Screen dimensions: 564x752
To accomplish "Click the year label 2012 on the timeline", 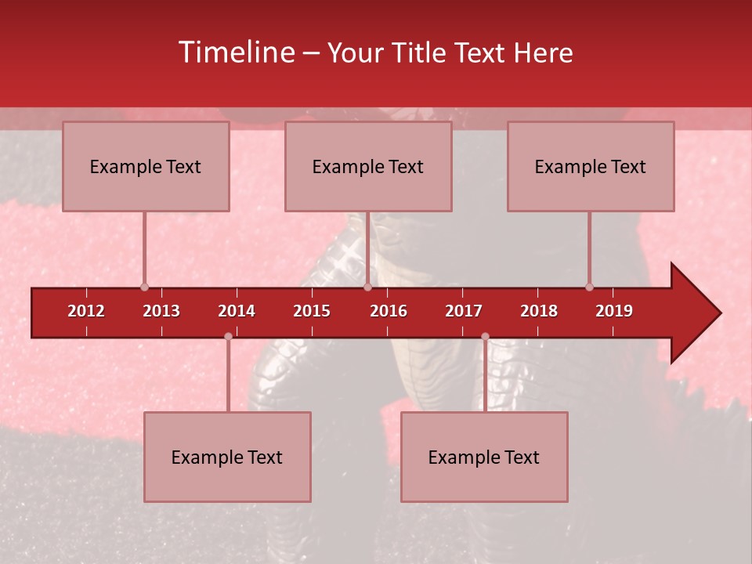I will [x=86, y=311].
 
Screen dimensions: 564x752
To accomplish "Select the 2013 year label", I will [x=161, y=311].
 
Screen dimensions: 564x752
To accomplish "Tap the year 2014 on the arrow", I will [x=237, y=311].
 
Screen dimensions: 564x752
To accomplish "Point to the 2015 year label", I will [x=312, y=311].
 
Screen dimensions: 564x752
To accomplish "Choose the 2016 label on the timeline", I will [x=389, y=311].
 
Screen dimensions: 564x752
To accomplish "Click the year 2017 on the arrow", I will [x=464, y=311].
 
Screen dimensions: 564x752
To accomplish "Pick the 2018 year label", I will [x=539, y=311].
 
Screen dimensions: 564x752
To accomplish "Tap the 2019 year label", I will [x=614, y=311].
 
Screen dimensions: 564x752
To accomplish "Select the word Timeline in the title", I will [x=235, y=52].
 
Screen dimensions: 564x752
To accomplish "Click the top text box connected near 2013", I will [x=146, y=166].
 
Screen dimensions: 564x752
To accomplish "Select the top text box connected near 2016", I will [x=368, y=166].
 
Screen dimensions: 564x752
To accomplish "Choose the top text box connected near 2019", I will [x=591, y=166].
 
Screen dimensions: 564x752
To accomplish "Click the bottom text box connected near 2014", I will [x=227, y=457].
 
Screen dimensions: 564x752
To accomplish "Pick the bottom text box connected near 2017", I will [x=484, y=457].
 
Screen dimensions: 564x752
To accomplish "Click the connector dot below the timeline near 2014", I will [x=228, y=337].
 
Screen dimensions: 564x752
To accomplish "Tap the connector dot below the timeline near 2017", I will [x=485, y=337].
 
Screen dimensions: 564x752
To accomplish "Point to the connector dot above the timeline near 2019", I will [x=589, y=287].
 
